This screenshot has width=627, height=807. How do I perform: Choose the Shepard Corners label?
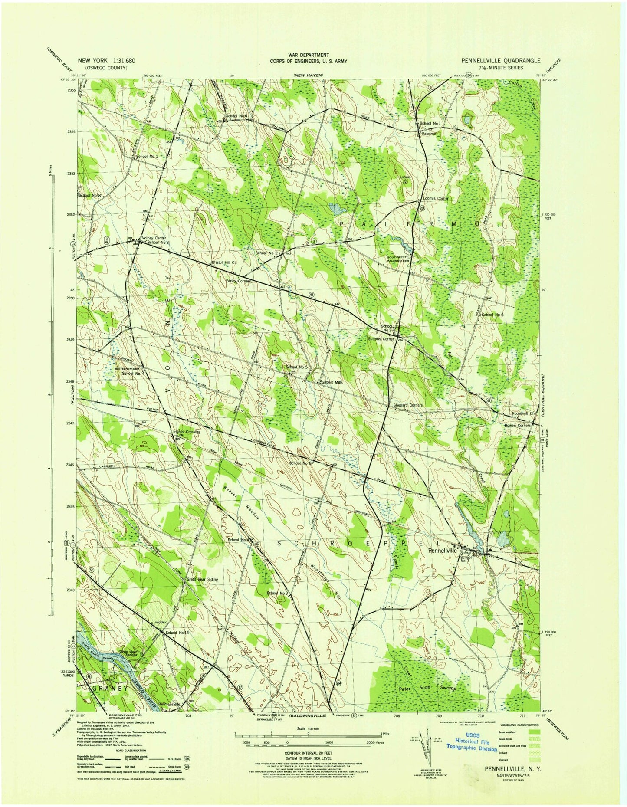tap(407, 405)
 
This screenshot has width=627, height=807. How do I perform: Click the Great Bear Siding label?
tap(202, 579)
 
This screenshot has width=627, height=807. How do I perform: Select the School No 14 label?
tap(177, 633)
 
